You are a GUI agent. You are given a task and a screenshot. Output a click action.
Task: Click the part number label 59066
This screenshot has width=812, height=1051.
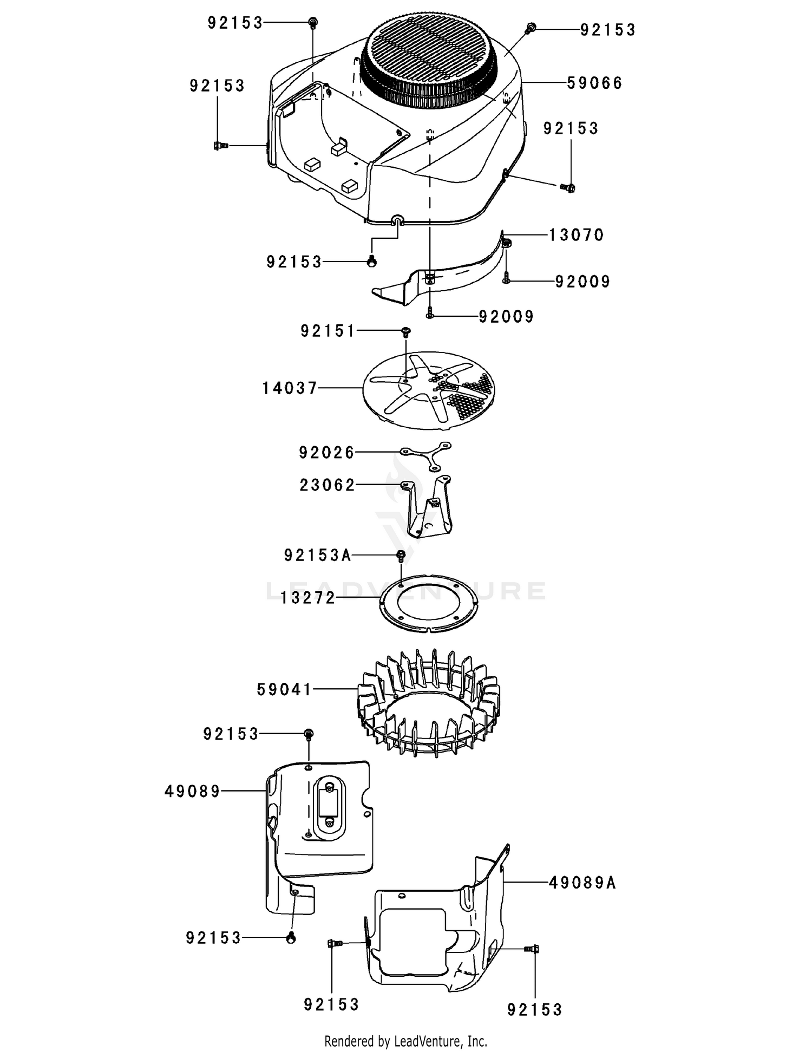point(594,83)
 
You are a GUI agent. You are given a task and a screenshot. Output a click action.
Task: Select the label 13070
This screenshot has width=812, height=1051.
point(576,235)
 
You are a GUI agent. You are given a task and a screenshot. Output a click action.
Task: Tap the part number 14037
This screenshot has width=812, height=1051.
point(290,388)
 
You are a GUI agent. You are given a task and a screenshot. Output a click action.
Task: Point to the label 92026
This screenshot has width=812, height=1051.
point(326,452)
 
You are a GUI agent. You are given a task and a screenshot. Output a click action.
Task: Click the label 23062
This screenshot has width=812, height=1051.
point(327,485)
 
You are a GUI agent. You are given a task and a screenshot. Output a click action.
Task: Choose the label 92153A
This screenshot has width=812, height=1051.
point(318,555)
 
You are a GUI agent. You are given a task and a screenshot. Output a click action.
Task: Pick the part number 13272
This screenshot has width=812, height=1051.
point(308,598)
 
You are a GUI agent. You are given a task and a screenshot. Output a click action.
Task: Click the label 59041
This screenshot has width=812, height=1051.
point(285,689)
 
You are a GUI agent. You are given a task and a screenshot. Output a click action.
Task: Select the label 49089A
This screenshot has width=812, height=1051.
point(582,883)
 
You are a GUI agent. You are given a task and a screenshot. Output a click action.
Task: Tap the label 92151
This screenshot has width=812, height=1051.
point(328,330)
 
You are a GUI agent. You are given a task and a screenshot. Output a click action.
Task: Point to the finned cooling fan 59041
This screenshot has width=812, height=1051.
point(428,704)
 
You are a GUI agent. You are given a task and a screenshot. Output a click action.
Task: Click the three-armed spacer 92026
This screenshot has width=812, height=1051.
point(425,455)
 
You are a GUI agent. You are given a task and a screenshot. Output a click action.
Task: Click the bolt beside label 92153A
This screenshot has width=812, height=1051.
point(401,554)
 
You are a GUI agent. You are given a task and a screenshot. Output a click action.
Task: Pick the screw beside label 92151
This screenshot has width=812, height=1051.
point(405,331)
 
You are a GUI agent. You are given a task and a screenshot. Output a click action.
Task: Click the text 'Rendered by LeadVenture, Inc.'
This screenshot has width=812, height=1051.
point(405,1040)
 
